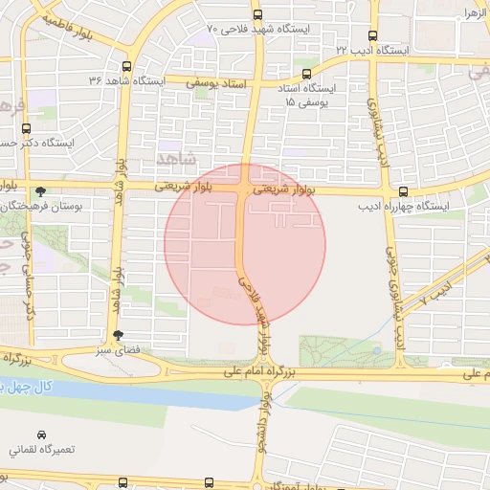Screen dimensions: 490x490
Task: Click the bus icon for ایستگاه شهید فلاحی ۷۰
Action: pos(257,14)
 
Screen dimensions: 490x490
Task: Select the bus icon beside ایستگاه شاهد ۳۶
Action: pos(127,66)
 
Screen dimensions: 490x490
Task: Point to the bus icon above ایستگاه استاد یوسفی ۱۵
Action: pos(306,73)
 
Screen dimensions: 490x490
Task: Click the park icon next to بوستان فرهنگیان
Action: pos(39,191)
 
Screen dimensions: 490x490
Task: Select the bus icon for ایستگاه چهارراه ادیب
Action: pos(403,191)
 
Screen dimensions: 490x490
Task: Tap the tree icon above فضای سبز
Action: pos(118,335)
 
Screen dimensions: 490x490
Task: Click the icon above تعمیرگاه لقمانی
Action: pos(41,434)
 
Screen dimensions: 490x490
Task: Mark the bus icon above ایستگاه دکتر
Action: pos(26,127)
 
